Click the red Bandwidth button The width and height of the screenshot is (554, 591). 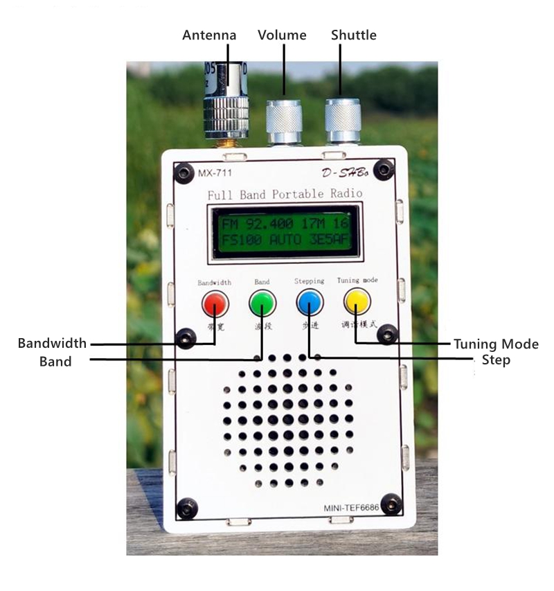point(215,303)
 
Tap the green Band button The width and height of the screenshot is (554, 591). point(262,303)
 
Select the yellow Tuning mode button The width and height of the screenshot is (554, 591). point(357,301)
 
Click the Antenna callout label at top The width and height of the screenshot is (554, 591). point(209,35)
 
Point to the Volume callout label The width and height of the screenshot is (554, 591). point(282,35)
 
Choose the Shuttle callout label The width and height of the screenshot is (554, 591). point(354,35)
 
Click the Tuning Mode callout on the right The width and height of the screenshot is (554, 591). point(496,344)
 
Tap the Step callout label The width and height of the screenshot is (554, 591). point(496,360)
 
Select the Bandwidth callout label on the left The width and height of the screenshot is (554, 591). point(53,344)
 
